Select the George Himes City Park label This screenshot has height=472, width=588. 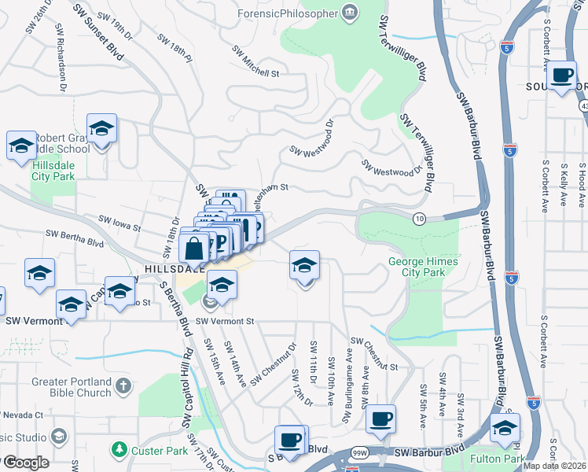coord(416,267)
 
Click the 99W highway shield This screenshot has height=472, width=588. coord(360,453)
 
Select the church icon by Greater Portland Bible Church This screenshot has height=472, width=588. coord(122,385)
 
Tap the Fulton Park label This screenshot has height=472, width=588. coord(496,458)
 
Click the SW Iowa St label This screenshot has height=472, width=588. coord(119,223)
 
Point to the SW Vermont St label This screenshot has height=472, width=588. coord(226,321)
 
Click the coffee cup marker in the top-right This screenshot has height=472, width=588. coord(561,76)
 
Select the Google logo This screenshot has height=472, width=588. coord(25,463)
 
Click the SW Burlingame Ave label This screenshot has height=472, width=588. coord(348,378)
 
